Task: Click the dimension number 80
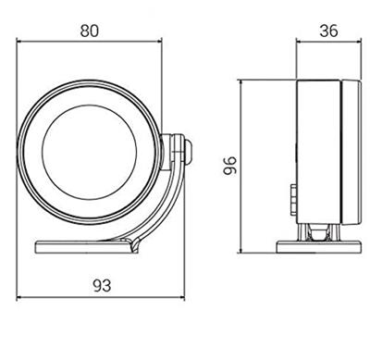click(x=90, y=31)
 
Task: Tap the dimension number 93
click(x=102, y=286)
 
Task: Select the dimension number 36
click(x=328, y=31)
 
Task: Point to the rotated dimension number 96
click(x=230, y=166)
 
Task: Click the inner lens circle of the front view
click(x=90, y=106)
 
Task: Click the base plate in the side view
click(x=319, y=247)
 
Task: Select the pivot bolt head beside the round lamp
click(x=188, y=152)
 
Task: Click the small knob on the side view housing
click(x=293, y=200)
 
